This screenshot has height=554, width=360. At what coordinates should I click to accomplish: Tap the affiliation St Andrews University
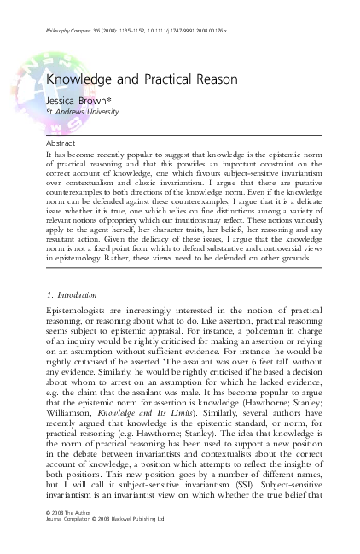83,111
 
